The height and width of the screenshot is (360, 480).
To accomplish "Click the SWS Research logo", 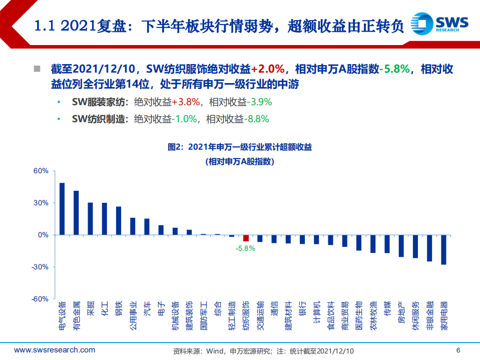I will point(439,23).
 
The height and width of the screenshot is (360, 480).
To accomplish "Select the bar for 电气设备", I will point(62,209).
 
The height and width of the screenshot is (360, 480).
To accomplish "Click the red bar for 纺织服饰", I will point(246,238).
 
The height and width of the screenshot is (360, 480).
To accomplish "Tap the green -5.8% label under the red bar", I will point(246,248).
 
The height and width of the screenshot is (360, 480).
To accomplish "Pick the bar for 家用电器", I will point(443,249).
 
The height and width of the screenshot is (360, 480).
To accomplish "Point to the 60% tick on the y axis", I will point(41,171).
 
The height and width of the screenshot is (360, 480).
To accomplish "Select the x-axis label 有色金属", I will point(76,316).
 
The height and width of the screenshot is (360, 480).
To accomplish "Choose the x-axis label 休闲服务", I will point(415,316).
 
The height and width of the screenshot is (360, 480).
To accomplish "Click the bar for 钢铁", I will point(119,221).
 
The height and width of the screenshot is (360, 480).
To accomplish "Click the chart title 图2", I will point(239,147).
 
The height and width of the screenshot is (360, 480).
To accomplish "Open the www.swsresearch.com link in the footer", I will point(54,350).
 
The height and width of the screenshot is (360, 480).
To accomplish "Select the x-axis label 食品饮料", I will point(331,316).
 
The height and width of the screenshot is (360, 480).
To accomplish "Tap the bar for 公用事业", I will point(133,226).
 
